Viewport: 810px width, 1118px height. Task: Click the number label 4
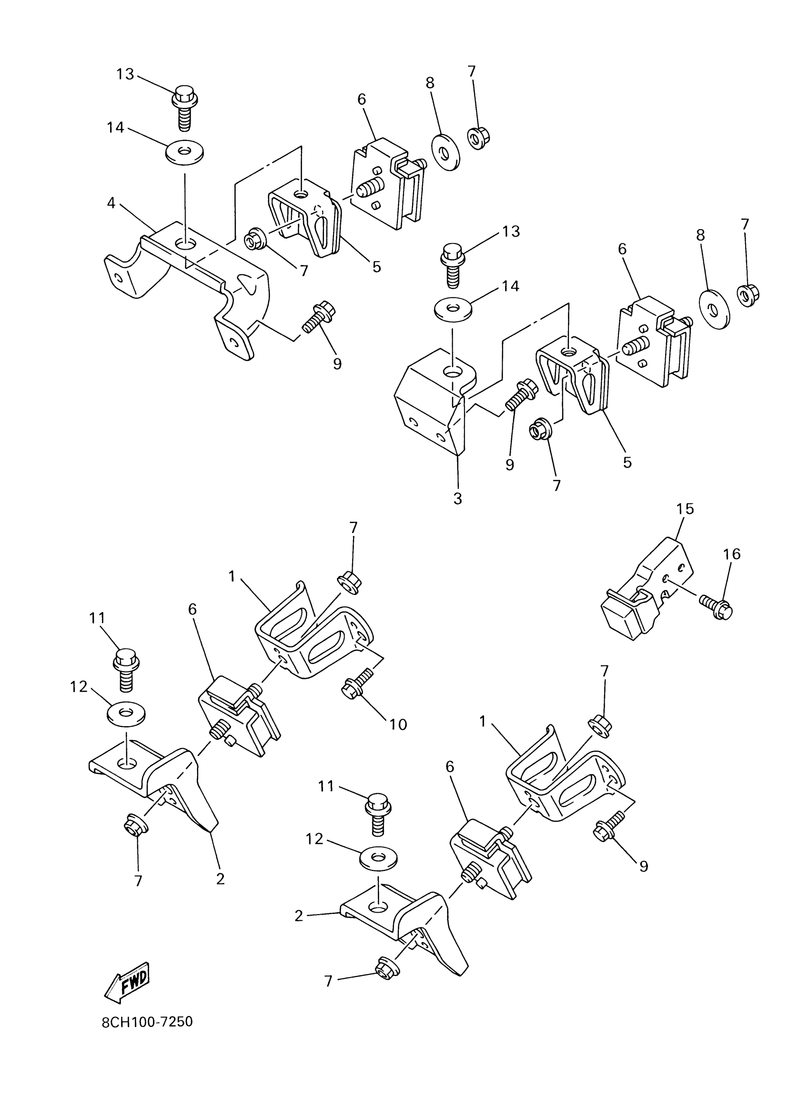click(x=111, y=202)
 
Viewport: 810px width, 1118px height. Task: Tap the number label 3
click(x=457, y=498)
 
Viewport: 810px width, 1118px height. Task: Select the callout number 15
click(x=685, y=509)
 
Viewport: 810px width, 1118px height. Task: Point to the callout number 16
click(x=731, y=554)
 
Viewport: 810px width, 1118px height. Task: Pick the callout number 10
click(x=398, y=724)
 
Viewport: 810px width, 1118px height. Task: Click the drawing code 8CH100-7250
click(x=147, y=1022)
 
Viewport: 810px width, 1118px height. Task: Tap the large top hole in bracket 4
click(x=186, y=243)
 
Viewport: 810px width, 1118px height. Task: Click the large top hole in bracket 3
click(x=453, y=371)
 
